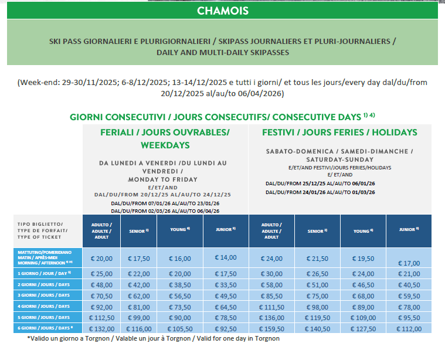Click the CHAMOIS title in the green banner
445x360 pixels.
(222, 11)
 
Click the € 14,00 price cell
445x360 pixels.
(225, 257)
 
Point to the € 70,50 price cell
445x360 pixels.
(100, 296)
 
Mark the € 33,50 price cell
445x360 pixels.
(225, 285)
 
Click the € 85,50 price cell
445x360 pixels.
(271, 296)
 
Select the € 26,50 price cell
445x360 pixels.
(317, 274)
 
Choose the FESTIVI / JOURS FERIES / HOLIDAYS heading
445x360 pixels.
(339, 133)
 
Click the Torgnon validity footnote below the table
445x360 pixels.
(153, 338)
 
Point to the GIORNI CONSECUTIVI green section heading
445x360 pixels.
(222, 116)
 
